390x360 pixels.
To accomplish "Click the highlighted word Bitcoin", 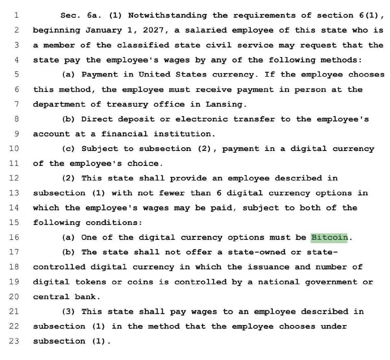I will pyautogui.click(x=329, y=237).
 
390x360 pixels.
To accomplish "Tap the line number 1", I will pyautogui.click(x=17, y=15).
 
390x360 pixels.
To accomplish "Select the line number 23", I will pyautogui.click(x=14, y=341).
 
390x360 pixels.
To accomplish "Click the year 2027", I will pyautogui.click(x=153, y=30).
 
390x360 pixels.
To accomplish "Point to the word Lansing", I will pyautogui.click(x=224, y=104).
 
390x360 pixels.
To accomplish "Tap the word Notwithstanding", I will pyautogui.click(x=167, y=15).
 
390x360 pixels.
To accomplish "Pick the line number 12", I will pyautogui.click(x=14, y=178).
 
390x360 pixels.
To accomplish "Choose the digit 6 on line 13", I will pyautogui.click(x=219, y=193).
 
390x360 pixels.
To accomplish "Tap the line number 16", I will pyautogui.click(x=14, y=237).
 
